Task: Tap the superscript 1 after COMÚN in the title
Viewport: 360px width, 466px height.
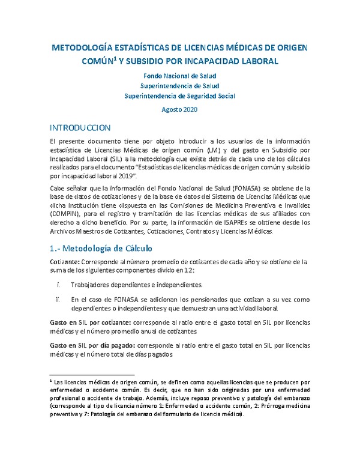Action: click(x=139, y=58)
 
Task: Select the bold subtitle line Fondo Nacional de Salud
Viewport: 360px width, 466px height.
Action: click(x=179, y=76)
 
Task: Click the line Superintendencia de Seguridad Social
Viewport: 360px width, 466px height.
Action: click(x=179, y=95)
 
